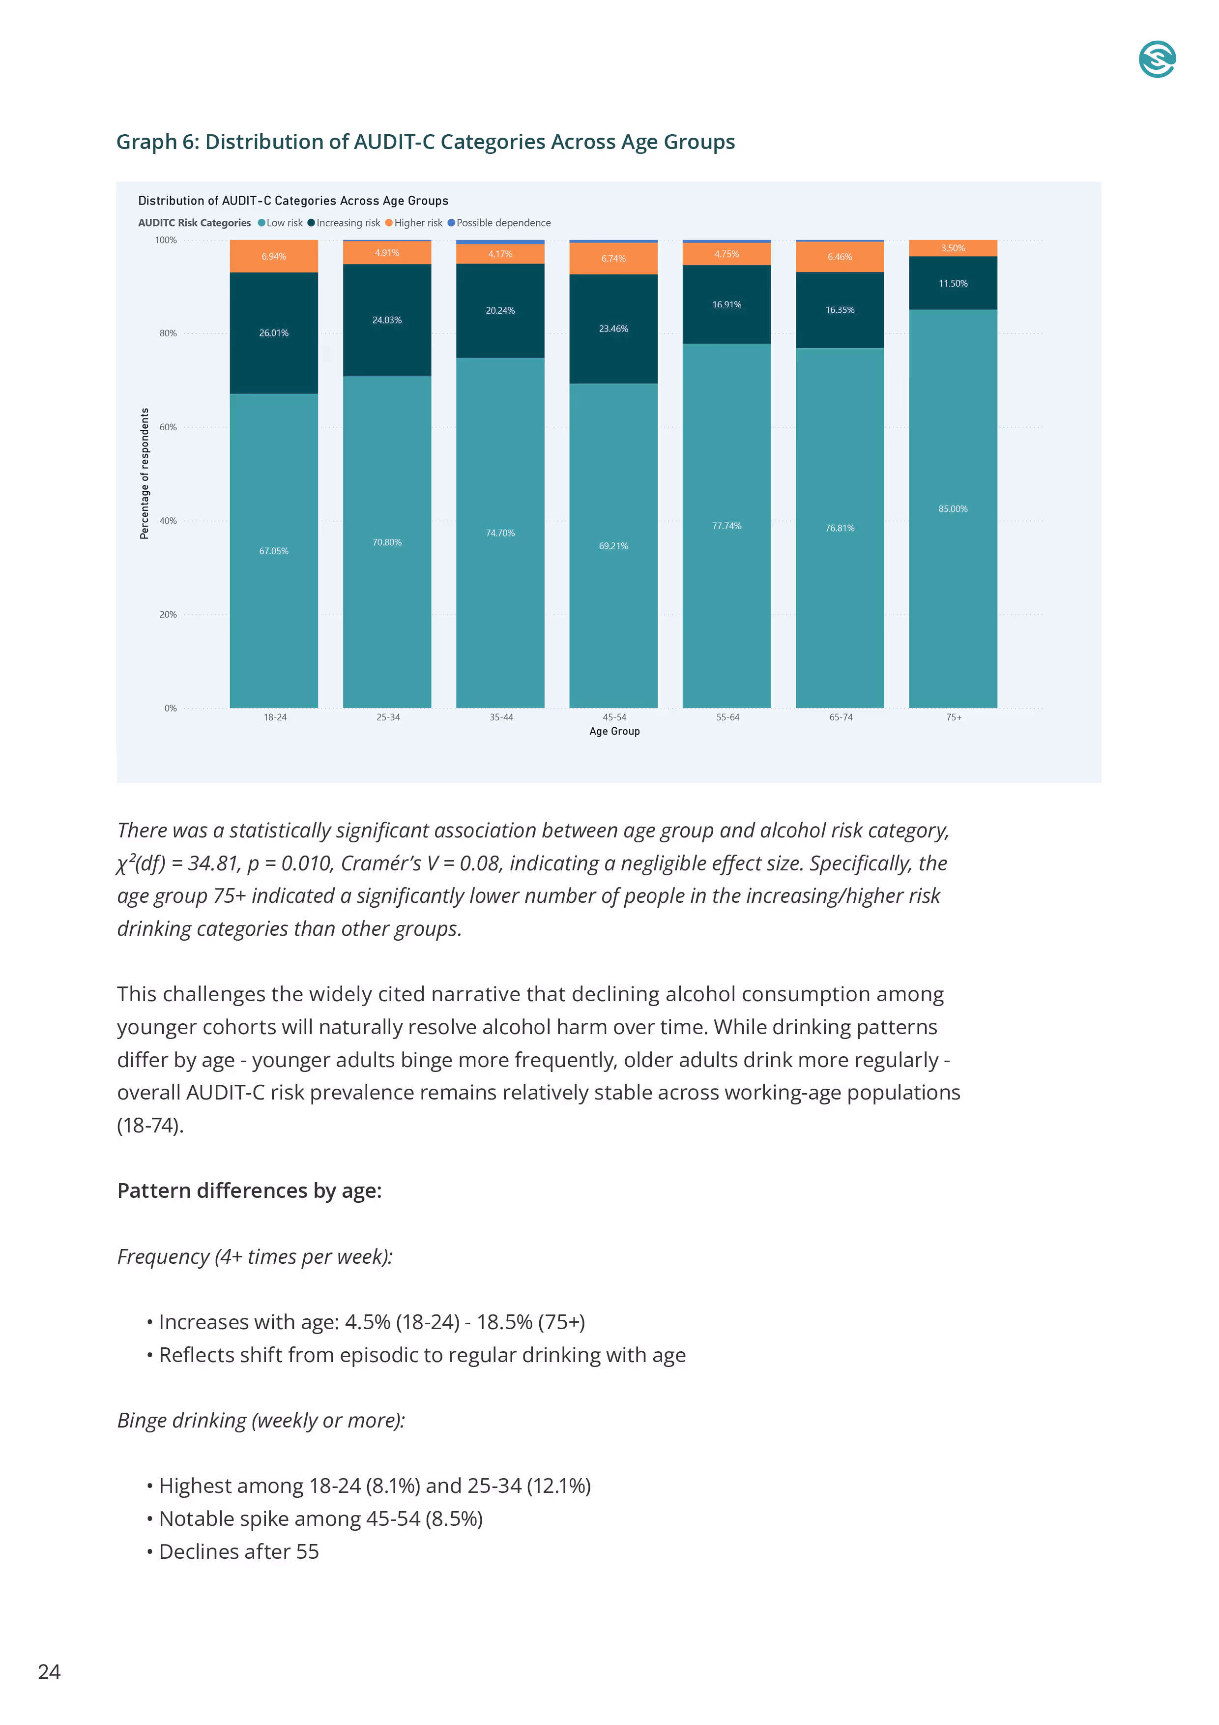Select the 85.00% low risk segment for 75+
953,508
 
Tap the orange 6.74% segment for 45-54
613,259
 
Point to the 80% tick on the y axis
168,333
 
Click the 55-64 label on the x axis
727,717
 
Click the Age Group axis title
614,731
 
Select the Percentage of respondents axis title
144,474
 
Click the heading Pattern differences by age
249,1191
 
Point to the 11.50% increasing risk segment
953,283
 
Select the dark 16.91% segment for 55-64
726,304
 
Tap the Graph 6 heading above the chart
425,142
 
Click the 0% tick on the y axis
171,709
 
